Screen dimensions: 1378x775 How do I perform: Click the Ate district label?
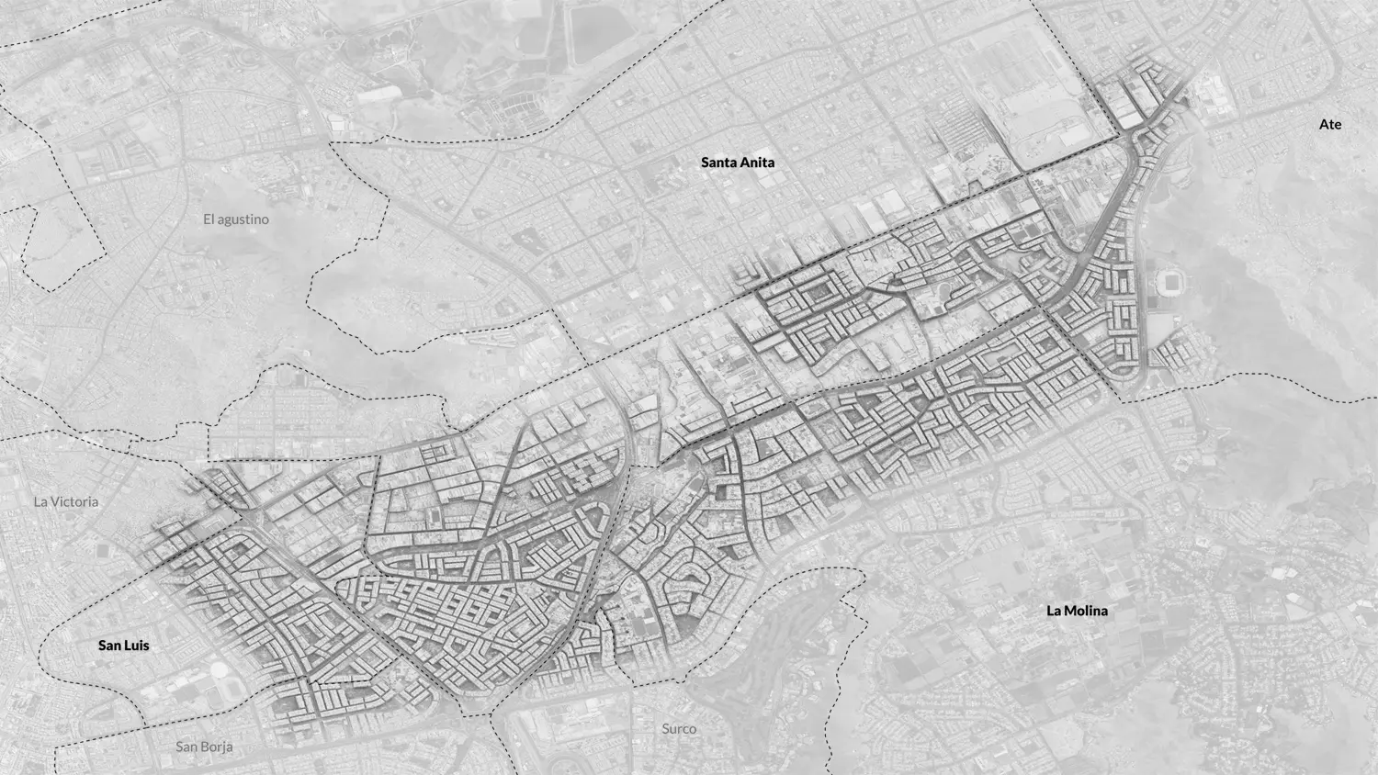[1329, 124]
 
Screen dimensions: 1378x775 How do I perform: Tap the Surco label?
[679, 728]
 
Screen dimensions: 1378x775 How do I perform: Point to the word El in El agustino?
[209, 219]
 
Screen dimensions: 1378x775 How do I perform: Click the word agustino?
[243, 219]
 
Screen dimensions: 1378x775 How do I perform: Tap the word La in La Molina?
[1055, 611]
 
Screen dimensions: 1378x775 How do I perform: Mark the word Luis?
[137, 646]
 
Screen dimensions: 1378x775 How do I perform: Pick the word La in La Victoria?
[40, 502]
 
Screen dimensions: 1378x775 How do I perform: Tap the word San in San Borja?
[187, 747]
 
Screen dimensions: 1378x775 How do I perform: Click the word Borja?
[218, 747]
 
